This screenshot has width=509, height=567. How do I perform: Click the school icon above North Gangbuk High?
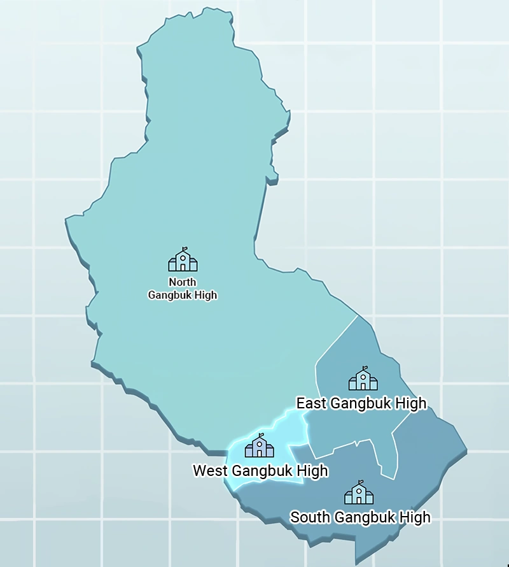coord(183,260)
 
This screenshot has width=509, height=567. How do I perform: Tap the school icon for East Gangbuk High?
coord(363,379)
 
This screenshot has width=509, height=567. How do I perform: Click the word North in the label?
coord(183,282)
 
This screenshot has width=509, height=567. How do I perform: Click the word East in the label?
coord(312,403)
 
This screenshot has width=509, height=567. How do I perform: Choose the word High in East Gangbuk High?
coord(410,403)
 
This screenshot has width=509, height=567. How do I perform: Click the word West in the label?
coord(211,471)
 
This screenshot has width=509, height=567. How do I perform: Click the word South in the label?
coord(310,517)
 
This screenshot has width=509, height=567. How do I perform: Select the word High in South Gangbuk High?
coord(415,517)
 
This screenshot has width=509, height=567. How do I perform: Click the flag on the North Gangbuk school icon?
coord(185,249)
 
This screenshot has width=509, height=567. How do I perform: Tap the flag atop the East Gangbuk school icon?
coord(366,368)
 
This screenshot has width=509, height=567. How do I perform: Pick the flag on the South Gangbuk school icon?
coord(361,482)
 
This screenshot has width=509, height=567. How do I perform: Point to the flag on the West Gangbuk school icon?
coord(261,435)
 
